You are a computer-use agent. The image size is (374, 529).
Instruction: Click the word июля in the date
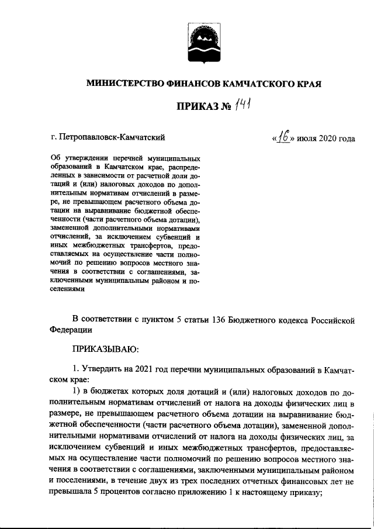307,139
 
